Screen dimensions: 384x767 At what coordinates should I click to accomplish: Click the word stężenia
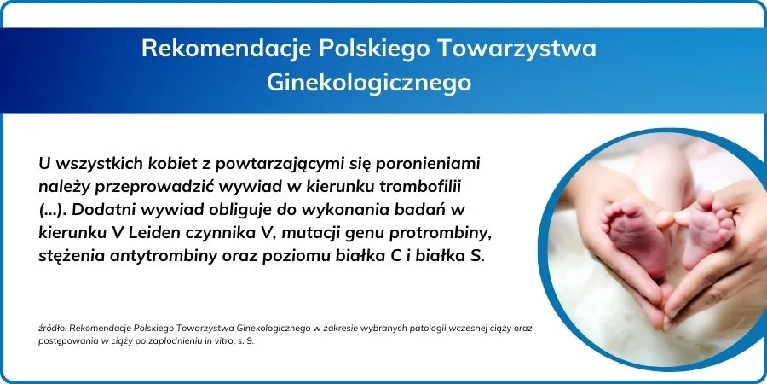[x=70, y=257]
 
